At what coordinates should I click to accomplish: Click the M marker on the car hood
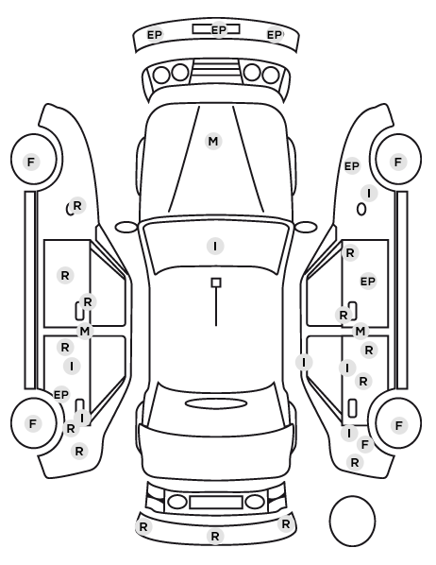point(213,142)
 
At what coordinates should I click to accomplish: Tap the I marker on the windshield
point(215,246)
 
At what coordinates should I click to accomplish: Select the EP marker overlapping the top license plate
point(219,29)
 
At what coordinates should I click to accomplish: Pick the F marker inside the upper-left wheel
point(31,162)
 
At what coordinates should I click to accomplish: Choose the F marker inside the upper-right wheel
point(398,162)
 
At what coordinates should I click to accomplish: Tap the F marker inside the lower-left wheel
point(33,423)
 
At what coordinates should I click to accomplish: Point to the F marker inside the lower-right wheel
point(398,425)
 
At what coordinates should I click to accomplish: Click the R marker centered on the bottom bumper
point(215,536)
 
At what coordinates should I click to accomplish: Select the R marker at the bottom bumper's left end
point(143,527)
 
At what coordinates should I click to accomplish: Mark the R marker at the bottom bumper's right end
point(286,524)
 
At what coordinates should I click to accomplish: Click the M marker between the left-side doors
point(85,331)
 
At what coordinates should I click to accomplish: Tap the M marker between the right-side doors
point(361,331)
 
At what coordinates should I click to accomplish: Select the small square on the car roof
point(216,282)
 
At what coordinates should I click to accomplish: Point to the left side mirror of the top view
point(126,227)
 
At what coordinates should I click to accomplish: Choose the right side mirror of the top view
point(306,227)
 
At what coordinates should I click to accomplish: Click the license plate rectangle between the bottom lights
point(216,502)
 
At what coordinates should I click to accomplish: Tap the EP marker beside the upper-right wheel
point(352,166)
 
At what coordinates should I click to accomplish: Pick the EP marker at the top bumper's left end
point(155,35)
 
